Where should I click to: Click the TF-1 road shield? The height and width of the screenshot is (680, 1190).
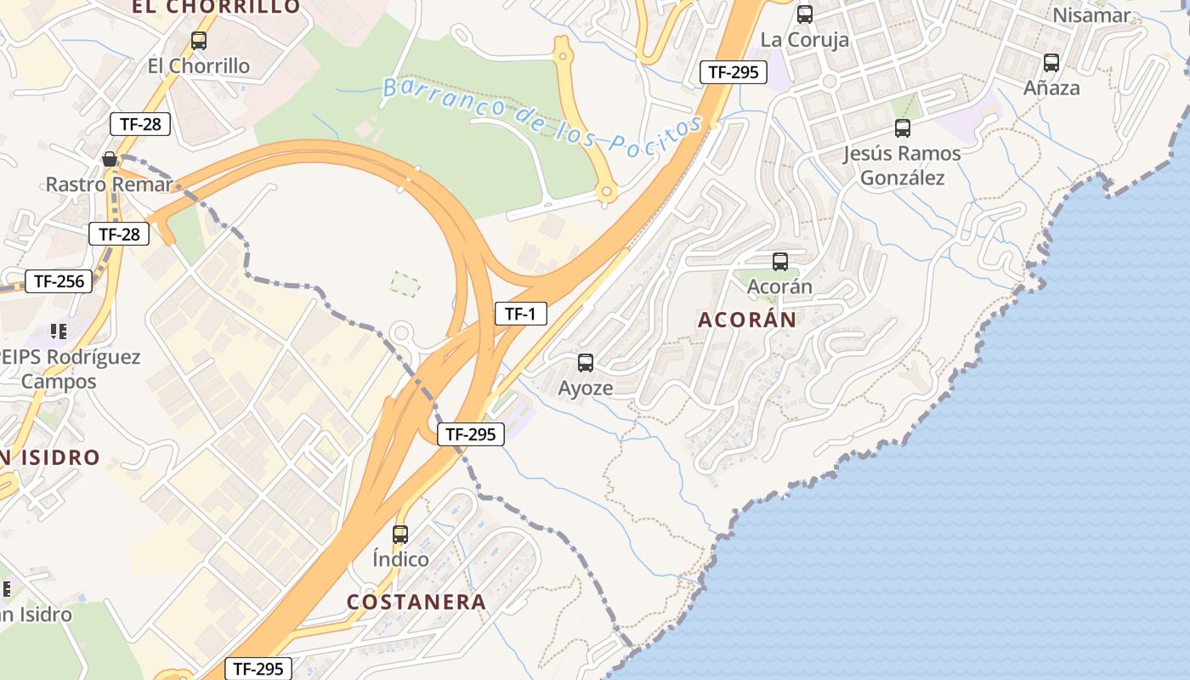point(520,314)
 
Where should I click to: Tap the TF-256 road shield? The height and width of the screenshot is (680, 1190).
point(59,281)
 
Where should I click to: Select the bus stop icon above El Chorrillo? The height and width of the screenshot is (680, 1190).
point(199,41)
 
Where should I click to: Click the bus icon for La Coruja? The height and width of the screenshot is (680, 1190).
point(804,14)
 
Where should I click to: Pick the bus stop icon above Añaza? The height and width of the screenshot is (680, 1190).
point(1051,63)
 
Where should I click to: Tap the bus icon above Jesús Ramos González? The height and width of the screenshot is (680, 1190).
point(903,128)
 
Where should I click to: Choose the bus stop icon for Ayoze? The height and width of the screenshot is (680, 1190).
point(586,363)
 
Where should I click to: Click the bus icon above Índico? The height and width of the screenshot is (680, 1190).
point(400,535)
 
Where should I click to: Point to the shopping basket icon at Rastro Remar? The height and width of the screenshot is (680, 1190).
point(110,159)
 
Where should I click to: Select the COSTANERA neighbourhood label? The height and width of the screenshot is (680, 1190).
point(416,602)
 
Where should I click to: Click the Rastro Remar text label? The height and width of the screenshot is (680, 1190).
point(109,184)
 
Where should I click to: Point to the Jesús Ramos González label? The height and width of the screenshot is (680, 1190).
point(902,166)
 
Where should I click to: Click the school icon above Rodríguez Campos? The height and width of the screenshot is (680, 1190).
point(58,331)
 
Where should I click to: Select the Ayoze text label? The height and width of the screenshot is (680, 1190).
point(585,388)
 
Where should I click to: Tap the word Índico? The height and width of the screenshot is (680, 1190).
point(400,559)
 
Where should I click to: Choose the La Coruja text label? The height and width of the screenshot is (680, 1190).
point(804,40)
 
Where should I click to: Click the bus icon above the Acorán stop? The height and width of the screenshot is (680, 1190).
point(779,262)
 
